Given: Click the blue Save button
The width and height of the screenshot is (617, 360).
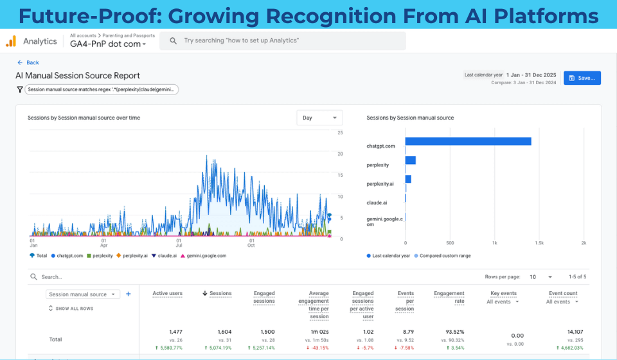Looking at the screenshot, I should pos(582,78).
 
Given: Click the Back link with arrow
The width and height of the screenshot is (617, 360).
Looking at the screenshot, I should pos(28,62).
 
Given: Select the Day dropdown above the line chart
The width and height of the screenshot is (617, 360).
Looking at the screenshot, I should pos(319,118).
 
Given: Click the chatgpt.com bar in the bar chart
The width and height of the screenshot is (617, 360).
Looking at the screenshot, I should pos(468,141).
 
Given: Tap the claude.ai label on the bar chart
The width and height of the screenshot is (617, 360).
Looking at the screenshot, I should pos(377,203).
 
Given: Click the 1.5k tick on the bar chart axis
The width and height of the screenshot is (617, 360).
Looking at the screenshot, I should pos(539,243).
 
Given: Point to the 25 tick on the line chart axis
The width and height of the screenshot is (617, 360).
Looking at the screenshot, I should pos(340,133).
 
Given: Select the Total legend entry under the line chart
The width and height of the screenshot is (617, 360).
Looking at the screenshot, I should pos(39,255).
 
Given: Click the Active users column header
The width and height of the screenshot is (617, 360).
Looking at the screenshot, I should pos(167,293).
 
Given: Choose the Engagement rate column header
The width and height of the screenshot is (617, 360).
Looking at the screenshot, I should pos(449,297).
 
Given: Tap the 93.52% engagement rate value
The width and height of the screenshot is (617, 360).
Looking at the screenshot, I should pos(453,332).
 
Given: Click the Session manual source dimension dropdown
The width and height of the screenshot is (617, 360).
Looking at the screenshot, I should pos(84,294).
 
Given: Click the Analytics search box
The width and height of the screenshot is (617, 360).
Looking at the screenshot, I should pos(283,40).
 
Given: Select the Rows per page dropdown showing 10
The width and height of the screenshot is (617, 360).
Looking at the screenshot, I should pos(541,277).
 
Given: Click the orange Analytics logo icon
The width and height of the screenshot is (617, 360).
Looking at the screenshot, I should pos(11,41).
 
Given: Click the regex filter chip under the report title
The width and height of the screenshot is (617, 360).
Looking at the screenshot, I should pos(102,90).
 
